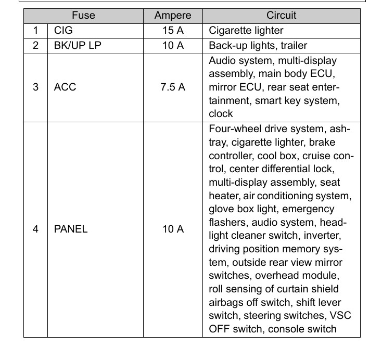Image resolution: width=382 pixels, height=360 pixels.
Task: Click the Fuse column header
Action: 83,16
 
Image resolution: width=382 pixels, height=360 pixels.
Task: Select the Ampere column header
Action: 173,16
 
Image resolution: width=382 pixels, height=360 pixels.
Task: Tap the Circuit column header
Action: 281,16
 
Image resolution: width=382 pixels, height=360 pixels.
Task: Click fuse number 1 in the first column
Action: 35,31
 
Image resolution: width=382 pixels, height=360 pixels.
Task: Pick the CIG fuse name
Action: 63,31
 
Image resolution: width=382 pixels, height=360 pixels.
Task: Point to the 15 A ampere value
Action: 173,31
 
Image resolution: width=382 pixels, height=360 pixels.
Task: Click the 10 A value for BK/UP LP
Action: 173,46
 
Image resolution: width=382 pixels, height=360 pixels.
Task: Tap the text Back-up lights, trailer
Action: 258,46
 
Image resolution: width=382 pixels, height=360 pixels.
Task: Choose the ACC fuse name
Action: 65,87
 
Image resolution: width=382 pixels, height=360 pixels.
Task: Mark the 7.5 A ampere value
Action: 173,87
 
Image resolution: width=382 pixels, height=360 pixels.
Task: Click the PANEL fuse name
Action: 71,229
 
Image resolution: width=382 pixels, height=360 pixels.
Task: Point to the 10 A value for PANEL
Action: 173,229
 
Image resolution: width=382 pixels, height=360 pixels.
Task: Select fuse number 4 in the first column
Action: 35,229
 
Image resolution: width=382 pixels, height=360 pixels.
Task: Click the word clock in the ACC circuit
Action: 221,114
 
